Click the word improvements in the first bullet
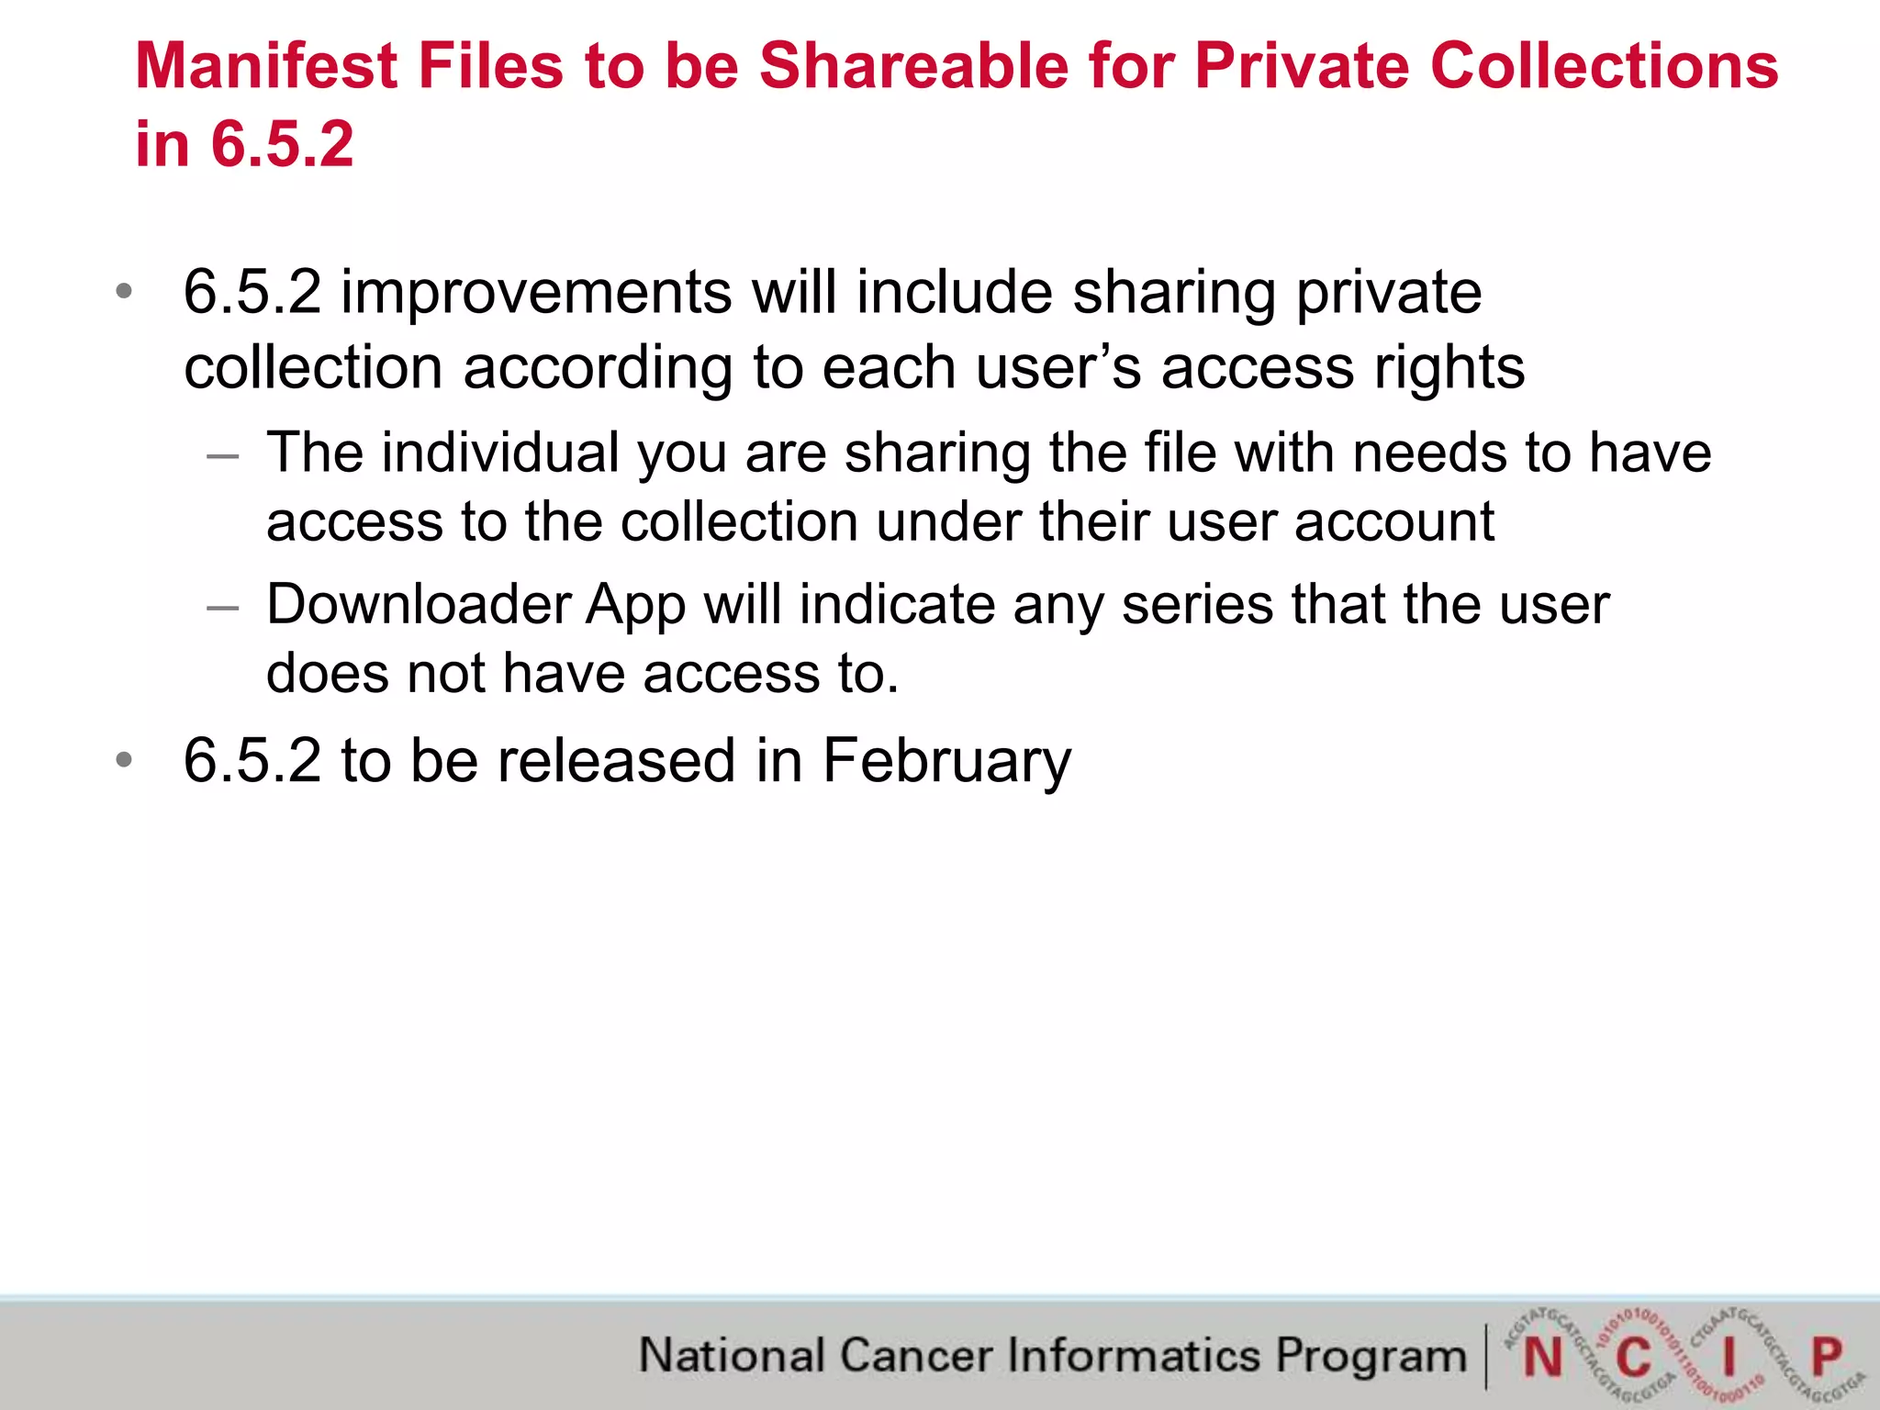pyautogui.click(x=536, y=293)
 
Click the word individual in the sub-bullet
pyautogui.click(x=500, y=453)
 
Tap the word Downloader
pyautogui.click(x=419, y=605)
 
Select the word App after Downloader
pyautogui.click(x=636, y=607)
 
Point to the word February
pyautogui.click(x=946, y=762)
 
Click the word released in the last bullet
pyautogui.click(x=616, y=761)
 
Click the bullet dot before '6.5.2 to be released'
pyautogui.click(x=124, y=761)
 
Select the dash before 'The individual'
pyautogui.click(x=223, y=454)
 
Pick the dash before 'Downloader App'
pyautogui.click(x=223, y=607)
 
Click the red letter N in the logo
pyautogui.click(x=1542, y=1358)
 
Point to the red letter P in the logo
pyautogui.click(x=1827, y=1356)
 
